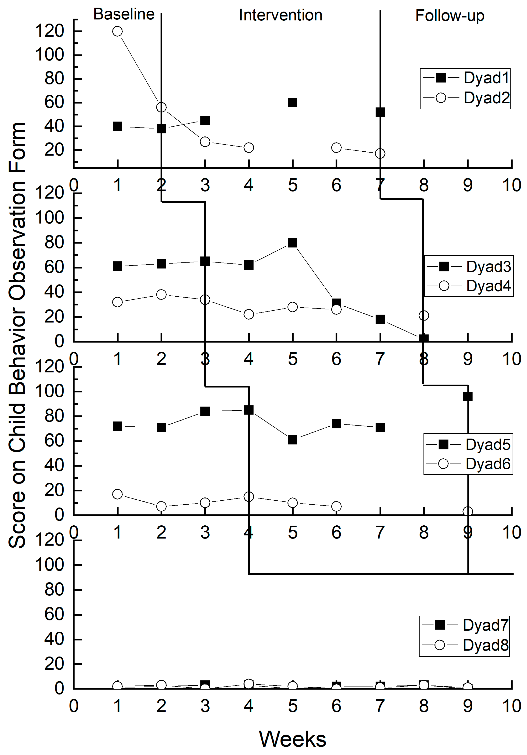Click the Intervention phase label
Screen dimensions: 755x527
tap(280, 15)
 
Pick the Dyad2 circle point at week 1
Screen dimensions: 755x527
tap(117, 31)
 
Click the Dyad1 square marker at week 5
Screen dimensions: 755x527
tap(292, 103)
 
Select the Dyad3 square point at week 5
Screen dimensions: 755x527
tap(292, 243)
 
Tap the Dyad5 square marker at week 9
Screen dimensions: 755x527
tap(468, 396)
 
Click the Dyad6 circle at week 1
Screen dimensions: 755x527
tap(117, 494)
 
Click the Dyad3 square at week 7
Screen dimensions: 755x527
tap(380, 319)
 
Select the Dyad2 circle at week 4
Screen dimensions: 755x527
tap(249, 148)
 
